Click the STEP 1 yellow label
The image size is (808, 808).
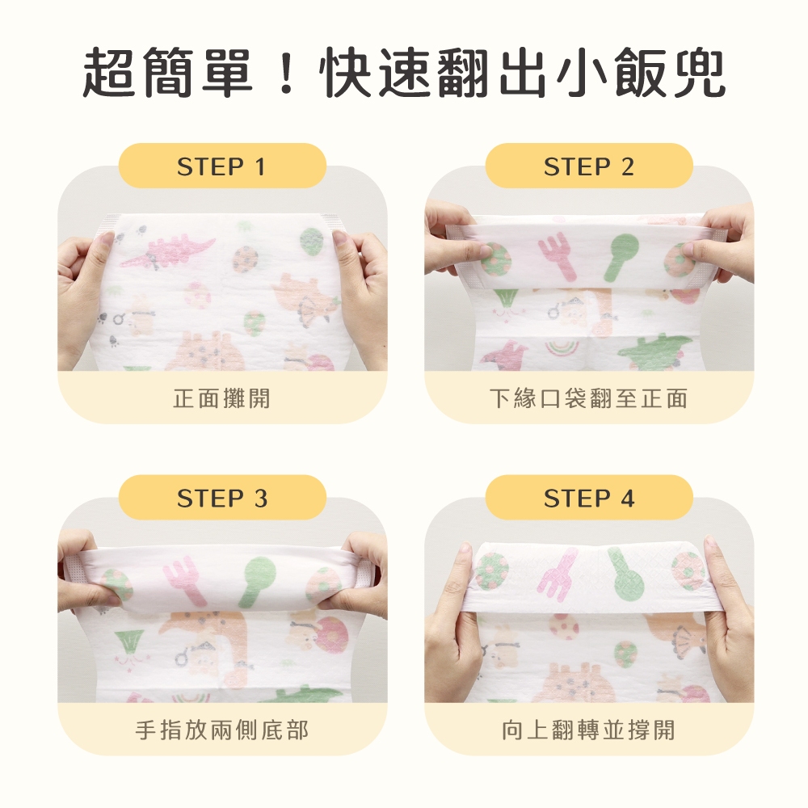(222, 166)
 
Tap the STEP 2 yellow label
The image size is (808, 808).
(589, 166)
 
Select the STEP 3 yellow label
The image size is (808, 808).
(222, 497)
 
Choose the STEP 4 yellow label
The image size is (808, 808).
(589, 497)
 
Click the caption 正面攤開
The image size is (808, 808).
(221, 398)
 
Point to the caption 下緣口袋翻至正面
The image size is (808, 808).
(588, 398)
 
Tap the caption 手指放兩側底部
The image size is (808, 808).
(221, 730)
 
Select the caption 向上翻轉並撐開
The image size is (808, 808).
(588, 730)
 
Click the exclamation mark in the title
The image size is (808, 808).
(285, 72)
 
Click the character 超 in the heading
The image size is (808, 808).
(109, 72)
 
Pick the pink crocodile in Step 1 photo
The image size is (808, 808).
(166, 252)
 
